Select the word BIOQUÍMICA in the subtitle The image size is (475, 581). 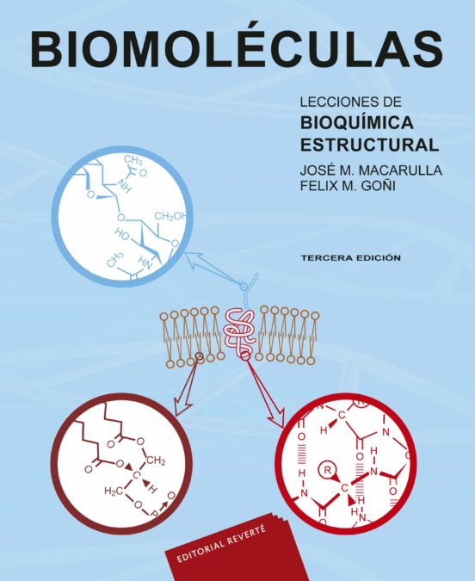coord(357,123)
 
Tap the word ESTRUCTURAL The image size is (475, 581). coord(369,145)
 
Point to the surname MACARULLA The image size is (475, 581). coord(400,170)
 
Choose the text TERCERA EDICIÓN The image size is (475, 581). coord(351,258)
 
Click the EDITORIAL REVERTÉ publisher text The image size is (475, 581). coord(221,544)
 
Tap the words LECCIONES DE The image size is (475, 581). coord(351,102)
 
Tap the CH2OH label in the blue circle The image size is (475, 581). coord(170,216)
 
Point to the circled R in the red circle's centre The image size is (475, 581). coord(327,471)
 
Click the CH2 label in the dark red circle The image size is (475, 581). coord(156,461)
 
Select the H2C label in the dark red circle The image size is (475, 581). coord(114,491)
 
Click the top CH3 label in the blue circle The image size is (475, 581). coord(133,160)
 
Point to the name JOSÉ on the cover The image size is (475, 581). coord(315,170)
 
